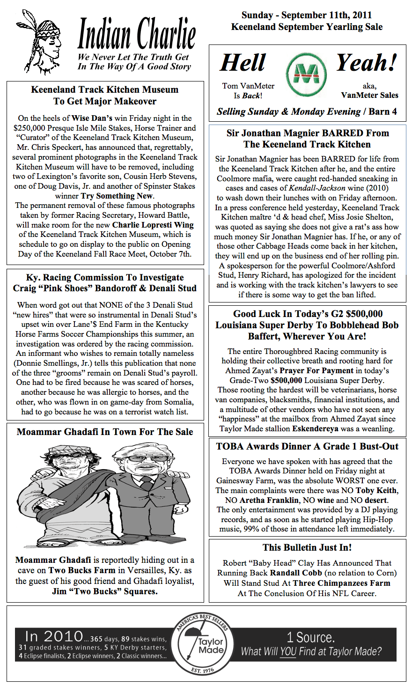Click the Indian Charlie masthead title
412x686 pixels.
pyautogui.click(x=136, y=34)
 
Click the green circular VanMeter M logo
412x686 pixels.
pyautogui.click(x=307, y=75)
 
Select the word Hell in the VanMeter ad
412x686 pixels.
pyautogui.click(x=243, y=63)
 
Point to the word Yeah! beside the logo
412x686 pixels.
pyautogui.click(x=367, y=63)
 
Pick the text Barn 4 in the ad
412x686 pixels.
pyautogui.click(x=383, y=112)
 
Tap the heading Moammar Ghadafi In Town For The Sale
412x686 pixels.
pyautogui.click(x=105, y=432)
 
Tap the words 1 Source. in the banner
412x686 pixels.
pyautogui.click(x=310, y=637)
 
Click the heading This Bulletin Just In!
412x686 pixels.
pyautogui.click(x=307, y=548)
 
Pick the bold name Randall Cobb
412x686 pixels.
pyautogui.click(x=296, y=573)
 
